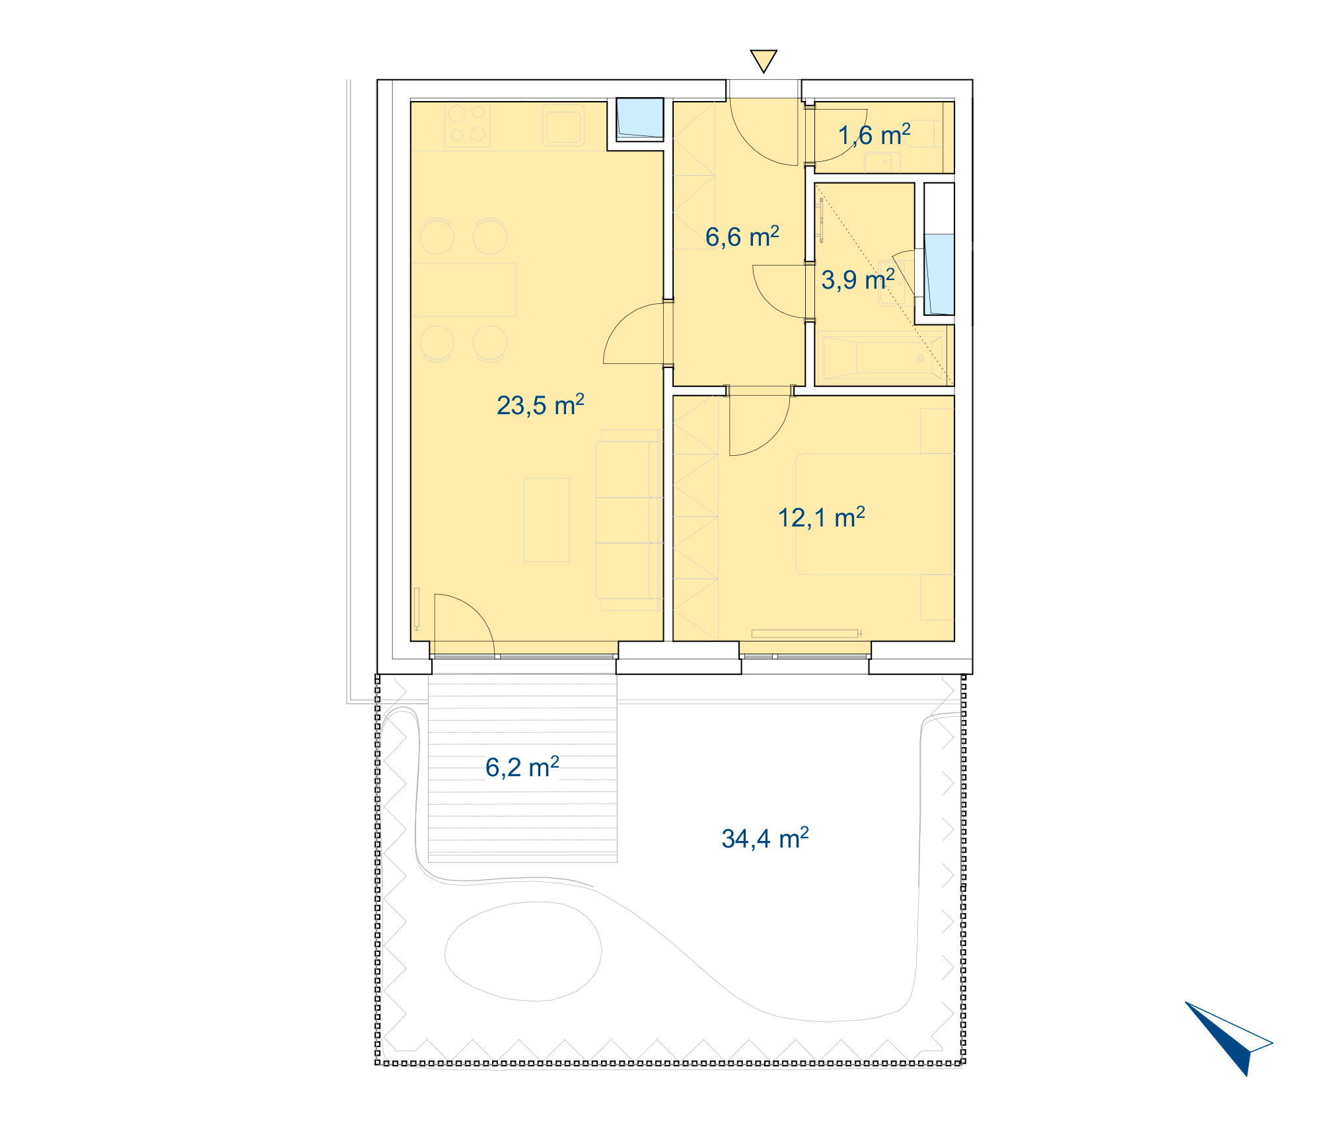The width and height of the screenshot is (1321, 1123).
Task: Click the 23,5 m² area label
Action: pyautogui.click(x=540, y=405)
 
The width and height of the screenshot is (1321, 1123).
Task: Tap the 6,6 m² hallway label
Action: pyautogui.click(x=742, y=236)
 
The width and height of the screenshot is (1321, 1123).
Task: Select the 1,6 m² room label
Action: pyautogui.click(x=875, y=135)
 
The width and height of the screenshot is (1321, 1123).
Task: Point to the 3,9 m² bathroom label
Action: pyautogui.click(x=858, y=279)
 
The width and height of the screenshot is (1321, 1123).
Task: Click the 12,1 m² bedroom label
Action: pyautogui.click(x=821, y=517)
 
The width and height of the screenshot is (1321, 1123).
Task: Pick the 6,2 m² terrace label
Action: pyautogui.click(x=522, y=767)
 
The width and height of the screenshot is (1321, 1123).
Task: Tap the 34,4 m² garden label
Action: pyautogui.click(x=765, y=838)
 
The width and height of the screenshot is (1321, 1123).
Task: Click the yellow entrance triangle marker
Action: pyautogui.click(x=764, y=60)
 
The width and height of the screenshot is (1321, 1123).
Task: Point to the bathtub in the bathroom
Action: pyautogui.click(x=884, y=357)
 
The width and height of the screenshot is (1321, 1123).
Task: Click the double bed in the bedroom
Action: pyautogui.click(x=874, y=513)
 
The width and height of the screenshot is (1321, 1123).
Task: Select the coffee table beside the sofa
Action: pyautogui.click(x=546, y=520)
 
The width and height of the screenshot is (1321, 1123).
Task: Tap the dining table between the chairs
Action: pyautogui.click(x=464, y=289)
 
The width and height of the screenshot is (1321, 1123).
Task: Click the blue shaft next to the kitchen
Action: pyautogui.click(x=639, y=118)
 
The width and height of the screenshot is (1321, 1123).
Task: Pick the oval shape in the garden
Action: pyautogui.click(x=523, y=951)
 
